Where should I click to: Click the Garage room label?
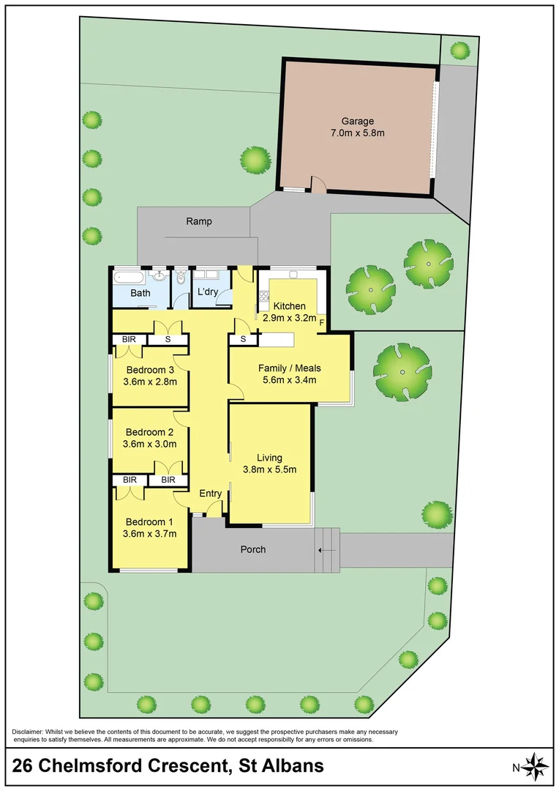click(357, 121)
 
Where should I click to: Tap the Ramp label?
click(199, 220)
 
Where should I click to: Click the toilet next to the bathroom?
click(181, 279)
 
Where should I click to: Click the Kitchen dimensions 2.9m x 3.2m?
click(289, 318)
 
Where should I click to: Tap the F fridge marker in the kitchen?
click(322, 321)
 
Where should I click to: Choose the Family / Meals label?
click(289, 368)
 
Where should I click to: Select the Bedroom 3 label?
click(150, 369)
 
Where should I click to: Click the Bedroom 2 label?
click(149, 431)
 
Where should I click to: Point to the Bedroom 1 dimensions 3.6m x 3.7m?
click(150, 533)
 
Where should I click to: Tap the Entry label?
click(211, 494)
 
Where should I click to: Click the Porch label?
click(253, 549)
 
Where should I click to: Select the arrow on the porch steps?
click(327, 550)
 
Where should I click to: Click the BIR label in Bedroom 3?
click(130, 339)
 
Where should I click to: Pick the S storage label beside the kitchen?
click(242, 339)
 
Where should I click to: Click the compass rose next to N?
click(538, 767)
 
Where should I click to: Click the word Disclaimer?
click(27, 732)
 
